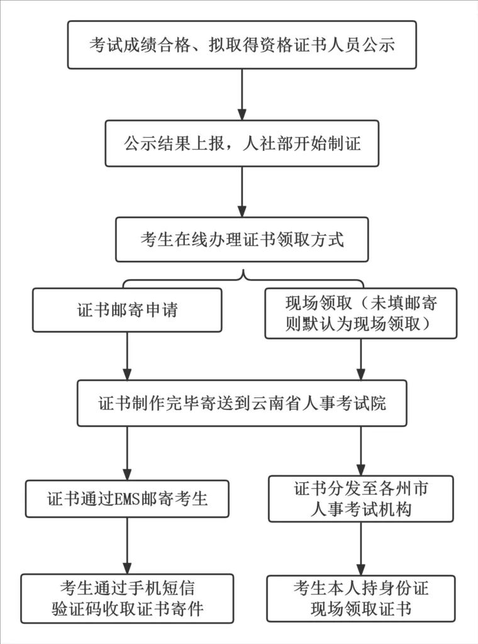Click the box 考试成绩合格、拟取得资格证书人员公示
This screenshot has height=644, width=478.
point(242,45)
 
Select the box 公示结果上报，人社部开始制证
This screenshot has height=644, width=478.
point(242,143)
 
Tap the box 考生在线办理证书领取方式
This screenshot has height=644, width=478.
point(242,240)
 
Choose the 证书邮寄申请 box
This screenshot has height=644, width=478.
point(127,310)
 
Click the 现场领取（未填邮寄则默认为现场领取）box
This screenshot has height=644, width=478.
point(360,313)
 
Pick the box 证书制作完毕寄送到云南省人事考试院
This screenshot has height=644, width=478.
point(242,403)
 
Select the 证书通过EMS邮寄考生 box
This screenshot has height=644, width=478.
point(127,499)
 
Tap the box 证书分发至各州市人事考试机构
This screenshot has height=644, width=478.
point(360,499)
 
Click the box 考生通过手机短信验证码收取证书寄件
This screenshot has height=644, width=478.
point(127,598)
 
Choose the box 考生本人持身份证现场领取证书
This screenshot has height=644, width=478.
point(360,598)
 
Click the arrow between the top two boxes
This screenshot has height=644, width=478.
point(242,94)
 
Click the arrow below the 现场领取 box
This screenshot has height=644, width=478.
point(360,358)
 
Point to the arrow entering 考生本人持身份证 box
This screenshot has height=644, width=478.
point(360,548)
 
